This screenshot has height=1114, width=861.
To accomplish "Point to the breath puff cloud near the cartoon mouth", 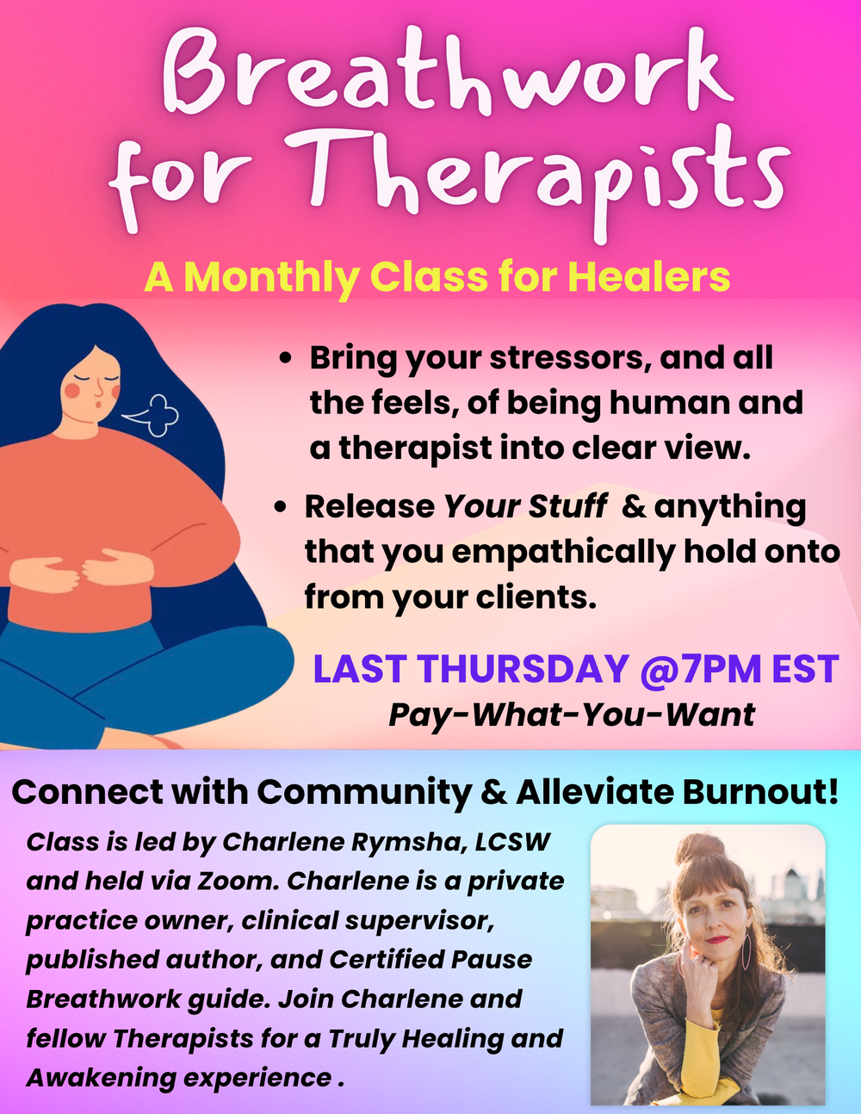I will (155, 413).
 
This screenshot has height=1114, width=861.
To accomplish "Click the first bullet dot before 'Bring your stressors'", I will (288, 358).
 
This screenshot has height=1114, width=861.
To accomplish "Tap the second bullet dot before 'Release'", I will (281, 507).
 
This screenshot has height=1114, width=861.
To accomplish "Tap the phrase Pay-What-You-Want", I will (572, 715).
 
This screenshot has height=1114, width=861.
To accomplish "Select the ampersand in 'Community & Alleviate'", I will (493, 792).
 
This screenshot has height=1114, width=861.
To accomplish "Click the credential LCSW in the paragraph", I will (513, 841).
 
